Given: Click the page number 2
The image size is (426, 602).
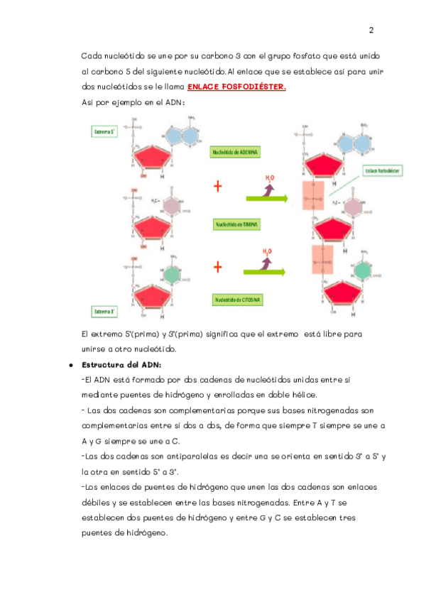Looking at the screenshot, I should pyautogui.click(x=371, y=31).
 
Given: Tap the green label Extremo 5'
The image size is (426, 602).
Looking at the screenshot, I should pyautogui.click(x=106, y=132).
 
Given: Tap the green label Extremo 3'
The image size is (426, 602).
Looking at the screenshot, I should pyautogui.click(x=106, y=311).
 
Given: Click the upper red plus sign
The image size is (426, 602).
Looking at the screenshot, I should pyautogui.click(x=218, y=186).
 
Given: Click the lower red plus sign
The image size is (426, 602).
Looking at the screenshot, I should pyautogui.click(x=218, y=267).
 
